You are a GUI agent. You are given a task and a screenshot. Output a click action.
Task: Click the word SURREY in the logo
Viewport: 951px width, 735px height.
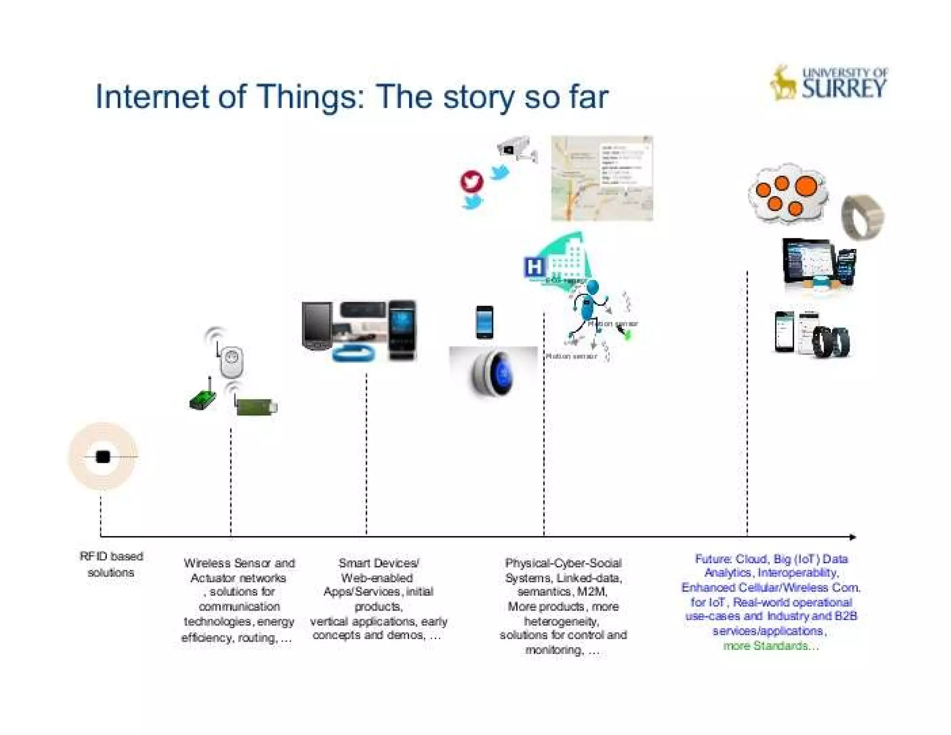pos(844,88)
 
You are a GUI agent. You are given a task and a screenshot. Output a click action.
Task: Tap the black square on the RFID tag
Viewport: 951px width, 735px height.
pos(103,457)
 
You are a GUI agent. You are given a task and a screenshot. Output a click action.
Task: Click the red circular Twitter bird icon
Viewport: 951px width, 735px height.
pos(471,181)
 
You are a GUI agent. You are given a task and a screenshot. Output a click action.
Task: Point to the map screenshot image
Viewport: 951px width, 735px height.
pos(602,178)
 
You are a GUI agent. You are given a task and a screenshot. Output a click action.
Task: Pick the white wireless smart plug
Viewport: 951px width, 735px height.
pos(231,361)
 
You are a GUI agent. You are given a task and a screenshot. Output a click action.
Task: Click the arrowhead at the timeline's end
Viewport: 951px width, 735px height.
pos(853,537)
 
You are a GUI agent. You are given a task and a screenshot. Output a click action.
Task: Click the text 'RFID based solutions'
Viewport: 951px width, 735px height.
pos(111,564)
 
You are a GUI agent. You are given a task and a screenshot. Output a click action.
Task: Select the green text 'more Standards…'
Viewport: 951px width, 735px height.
pos(771,645)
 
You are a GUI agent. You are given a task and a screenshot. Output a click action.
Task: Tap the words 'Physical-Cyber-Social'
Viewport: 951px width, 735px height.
pos(563,563)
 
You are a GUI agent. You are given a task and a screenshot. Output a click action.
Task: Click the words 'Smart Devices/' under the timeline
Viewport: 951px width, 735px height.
pos(378,563)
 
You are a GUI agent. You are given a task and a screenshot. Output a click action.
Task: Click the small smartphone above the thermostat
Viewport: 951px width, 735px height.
pos(484,322)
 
